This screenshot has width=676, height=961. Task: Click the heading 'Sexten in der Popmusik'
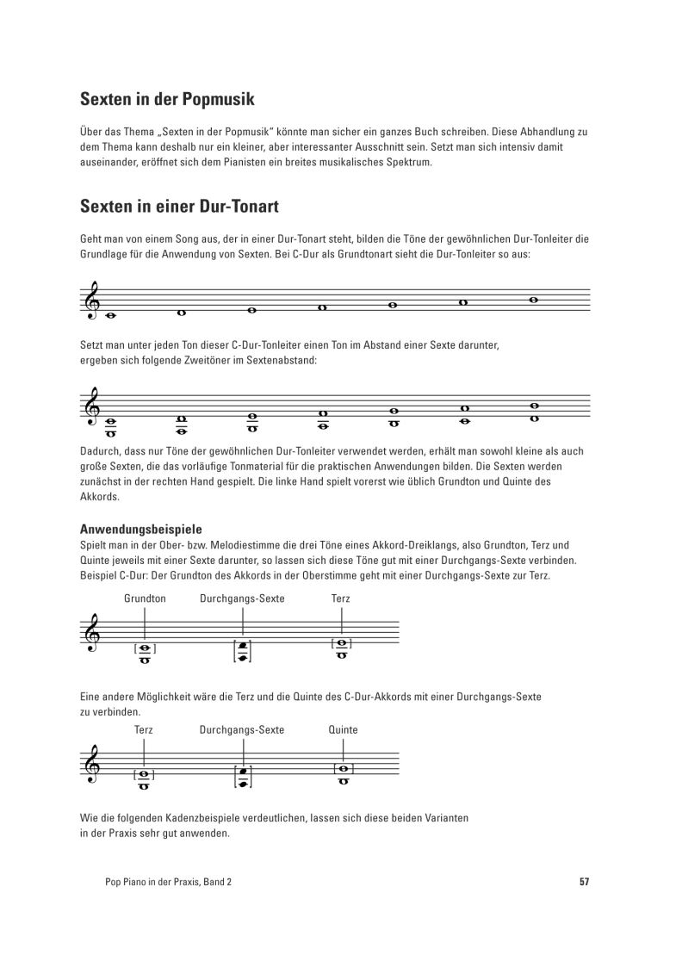167,99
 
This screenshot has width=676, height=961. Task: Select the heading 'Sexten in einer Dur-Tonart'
178,208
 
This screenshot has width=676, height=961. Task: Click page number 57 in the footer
584,882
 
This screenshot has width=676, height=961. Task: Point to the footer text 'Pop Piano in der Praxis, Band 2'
168,882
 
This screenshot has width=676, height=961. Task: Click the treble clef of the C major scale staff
90,302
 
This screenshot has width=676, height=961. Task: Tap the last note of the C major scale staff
533,300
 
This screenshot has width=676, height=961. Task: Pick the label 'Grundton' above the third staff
145,598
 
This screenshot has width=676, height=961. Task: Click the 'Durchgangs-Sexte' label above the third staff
242,598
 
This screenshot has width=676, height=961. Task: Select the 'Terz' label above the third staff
341,598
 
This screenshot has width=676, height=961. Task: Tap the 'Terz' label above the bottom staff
144,729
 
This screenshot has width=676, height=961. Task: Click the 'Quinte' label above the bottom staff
343,729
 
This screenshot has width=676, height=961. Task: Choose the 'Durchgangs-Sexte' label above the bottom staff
242,729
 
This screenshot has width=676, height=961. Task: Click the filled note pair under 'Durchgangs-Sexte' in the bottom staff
243,778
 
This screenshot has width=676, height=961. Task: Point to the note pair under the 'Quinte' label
343,775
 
